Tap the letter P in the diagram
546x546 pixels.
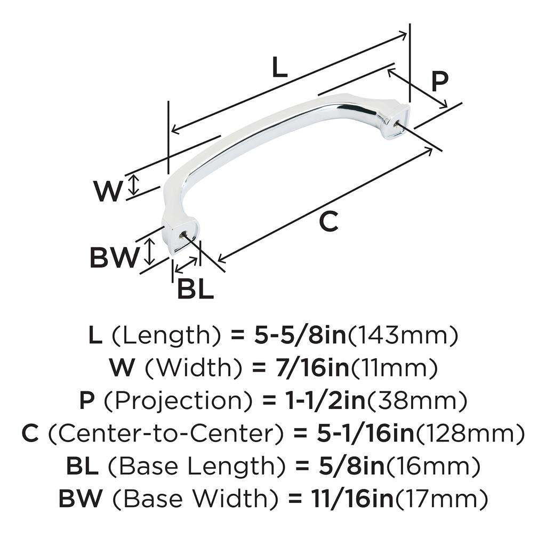coord(439,82)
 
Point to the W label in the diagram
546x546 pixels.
coord(108,191)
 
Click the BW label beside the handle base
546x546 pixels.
coord(114,258)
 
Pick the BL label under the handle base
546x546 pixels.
coord(195,290)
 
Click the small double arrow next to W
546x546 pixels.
coord(134,185)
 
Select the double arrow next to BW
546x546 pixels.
coord(150,252)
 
